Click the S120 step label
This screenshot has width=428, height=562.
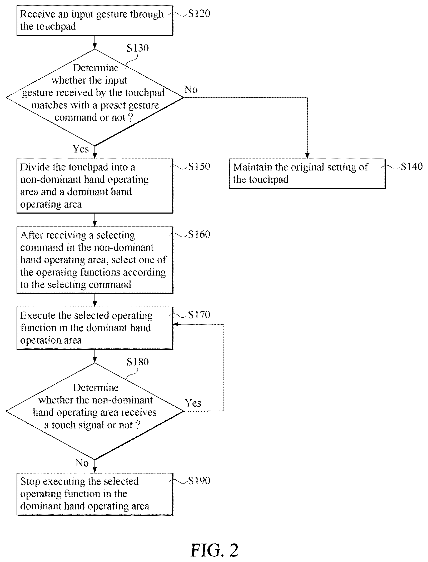pos(199,13)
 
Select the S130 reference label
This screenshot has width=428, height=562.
pos(137,48)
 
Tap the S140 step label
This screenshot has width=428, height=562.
pos(412,166)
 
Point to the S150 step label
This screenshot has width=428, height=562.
pos(199,166)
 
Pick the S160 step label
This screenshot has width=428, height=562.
pos(199,234)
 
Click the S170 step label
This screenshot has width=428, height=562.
pos(199,315)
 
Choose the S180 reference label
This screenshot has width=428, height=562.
pos(137,362)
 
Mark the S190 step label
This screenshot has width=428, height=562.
pos(199,481)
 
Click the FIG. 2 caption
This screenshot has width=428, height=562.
pos(214,550)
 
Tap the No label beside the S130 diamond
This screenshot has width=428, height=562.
pos(191,90)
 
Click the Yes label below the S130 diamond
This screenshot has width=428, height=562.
pos(81,149)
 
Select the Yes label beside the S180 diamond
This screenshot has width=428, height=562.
pos(193,403)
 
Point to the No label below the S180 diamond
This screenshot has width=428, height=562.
pos(82,463)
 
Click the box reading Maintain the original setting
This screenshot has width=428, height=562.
pos(307,174)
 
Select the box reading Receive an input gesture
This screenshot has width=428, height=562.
pos(95,21)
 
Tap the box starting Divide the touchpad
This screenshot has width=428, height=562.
pos(95,186)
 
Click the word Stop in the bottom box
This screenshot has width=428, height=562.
pos(30,482)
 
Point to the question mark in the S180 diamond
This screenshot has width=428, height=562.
pos(137,425)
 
